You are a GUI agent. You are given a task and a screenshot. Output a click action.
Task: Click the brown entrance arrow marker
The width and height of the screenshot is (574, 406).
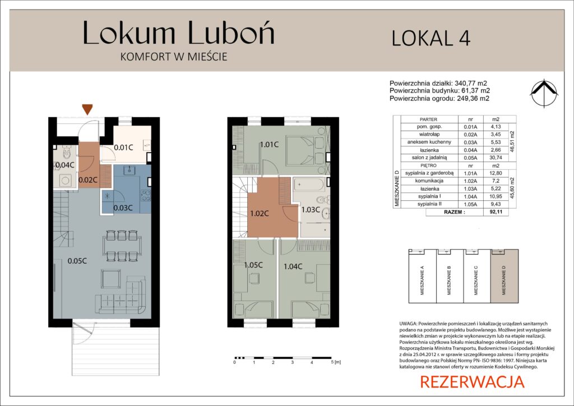(x=87, y=109)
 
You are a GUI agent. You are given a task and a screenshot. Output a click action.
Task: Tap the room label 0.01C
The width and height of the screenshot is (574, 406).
(x=123, y=147)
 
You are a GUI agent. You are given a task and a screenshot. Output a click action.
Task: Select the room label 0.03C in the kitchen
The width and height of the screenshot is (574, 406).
(x=123, y=208)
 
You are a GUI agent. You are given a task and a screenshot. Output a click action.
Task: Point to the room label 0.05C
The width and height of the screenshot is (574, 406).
(x=77, y=261)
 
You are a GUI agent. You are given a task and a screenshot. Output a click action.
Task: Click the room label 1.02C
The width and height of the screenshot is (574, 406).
(x=260, y=214)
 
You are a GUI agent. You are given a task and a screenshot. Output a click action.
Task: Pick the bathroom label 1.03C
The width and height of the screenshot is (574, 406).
(x=311, y=210)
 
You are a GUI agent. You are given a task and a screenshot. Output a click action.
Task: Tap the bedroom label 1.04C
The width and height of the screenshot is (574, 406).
(x=293, y=266)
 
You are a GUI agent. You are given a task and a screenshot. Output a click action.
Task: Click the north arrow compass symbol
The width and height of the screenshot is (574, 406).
(x=544, y=93)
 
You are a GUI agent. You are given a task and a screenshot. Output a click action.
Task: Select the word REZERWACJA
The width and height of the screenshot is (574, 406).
(x=472, y=382)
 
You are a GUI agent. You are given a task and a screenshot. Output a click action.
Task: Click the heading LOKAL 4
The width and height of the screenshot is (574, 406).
(x=431, y=38)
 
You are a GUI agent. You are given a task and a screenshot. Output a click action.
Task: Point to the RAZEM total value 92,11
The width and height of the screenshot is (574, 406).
(x=496, y=212)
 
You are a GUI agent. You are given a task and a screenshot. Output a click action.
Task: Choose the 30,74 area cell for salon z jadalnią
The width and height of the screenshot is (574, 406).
(x=496, y=158)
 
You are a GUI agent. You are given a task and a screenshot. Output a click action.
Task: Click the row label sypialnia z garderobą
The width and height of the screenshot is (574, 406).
(x=429, y=173)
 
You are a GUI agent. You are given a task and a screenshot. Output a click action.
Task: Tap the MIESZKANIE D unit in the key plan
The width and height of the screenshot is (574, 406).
(x=504, y=276)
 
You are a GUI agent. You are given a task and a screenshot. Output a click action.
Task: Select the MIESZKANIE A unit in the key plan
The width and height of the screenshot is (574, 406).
(x=423, y=276)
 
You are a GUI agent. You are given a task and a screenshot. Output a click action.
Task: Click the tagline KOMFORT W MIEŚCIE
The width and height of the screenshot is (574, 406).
(x=174, y=57)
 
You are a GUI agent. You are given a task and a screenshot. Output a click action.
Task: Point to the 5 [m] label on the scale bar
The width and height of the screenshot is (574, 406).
(x=336, y=362)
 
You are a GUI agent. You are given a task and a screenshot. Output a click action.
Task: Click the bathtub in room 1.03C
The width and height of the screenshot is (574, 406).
(x=309, y=184)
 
